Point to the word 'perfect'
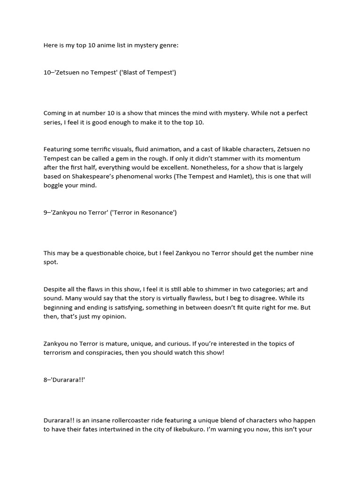294,113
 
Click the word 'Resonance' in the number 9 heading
157,212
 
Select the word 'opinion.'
112,316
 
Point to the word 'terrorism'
60,352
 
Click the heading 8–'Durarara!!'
65,380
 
